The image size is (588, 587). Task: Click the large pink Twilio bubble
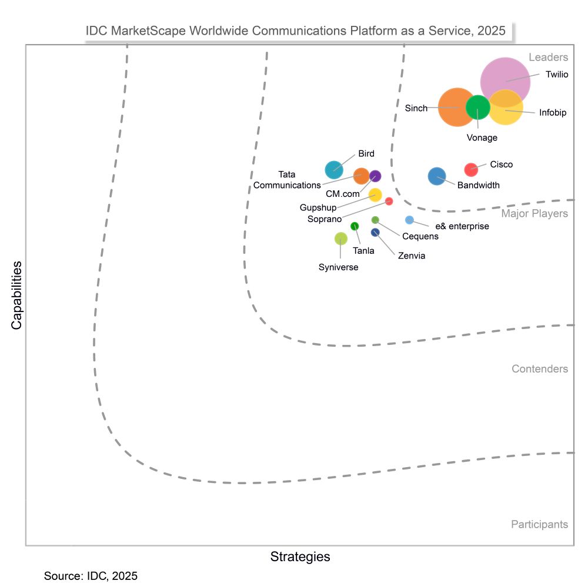[505, 82]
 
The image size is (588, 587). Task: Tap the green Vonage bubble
[478, 107]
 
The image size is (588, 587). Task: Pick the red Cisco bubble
[471, 169]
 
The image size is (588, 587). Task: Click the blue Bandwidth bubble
[437, 176]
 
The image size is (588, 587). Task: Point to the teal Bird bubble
[334, 170]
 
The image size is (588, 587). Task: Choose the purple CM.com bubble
[375, 175]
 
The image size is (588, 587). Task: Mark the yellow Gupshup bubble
[375, 195]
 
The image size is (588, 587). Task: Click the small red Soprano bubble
[389, 201]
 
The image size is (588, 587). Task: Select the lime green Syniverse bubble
[341, 238]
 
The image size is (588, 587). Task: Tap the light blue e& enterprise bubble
[409, 220]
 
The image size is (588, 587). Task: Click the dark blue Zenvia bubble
[375, 233]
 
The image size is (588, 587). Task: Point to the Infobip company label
[553, 113]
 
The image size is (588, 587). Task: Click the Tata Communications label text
[287, 180]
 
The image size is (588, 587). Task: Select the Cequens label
[420, 237]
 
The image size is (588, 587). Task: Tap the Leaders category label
[548, 58]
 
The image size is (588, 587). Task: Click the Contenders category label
[539, 369]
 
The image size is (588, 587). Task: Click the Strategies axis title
[300, 556]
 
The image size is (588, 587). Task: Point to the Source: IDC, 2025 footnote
[91, 576]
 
